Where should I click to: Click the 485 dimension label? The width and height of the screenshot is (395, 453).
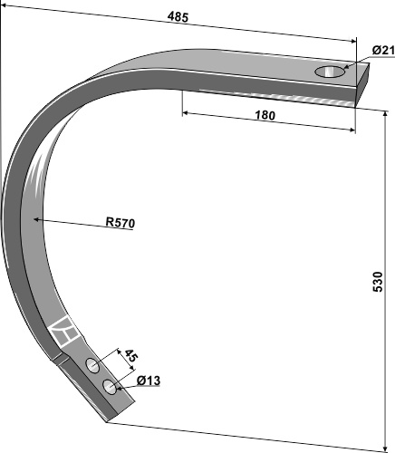tap(179, 17)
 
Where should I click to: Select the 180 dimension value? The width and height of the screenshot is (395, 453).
tap(265, 115)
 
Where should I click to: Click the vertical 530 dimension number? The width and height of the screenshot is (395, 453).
tap(378, 281)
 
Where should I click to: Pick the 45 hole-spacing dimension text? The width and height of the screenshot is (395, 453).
tap(129, 355)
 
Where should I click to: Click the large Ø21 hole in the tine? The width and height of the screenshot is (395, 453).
tap(331, 71)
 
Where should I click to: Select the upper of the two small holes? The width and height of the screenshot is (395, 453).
tap(93, 365)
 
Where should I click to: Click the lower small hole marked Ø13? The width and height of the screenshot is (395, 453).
tap(110, 387)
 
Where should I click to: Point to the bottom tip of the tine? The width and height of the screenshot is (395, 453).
tap(111, 418)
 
